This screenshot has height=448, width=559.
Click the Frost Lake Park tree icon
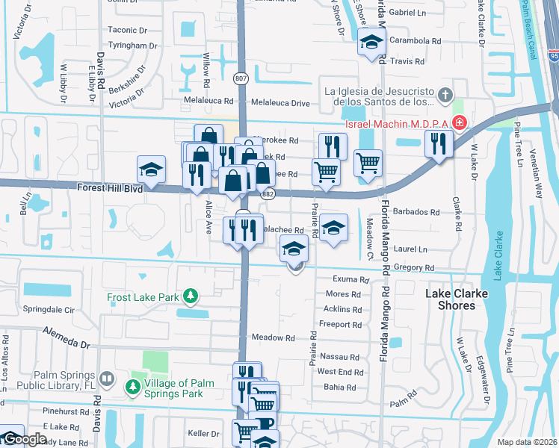pyautogui.click(x=191, y=296)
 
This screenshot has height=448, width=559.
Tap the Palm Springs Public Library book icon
pyautogui.click(x=107, y=380)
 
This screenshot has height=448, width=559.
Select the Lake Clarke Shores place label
pyautogui.click(x=456, y=299)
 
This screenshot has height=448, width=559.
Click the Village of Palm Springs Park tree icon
pyautogui.click(x=132, y=388)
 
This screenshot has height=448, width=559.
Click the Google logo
pyautogui.click(x=24, y=440)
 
